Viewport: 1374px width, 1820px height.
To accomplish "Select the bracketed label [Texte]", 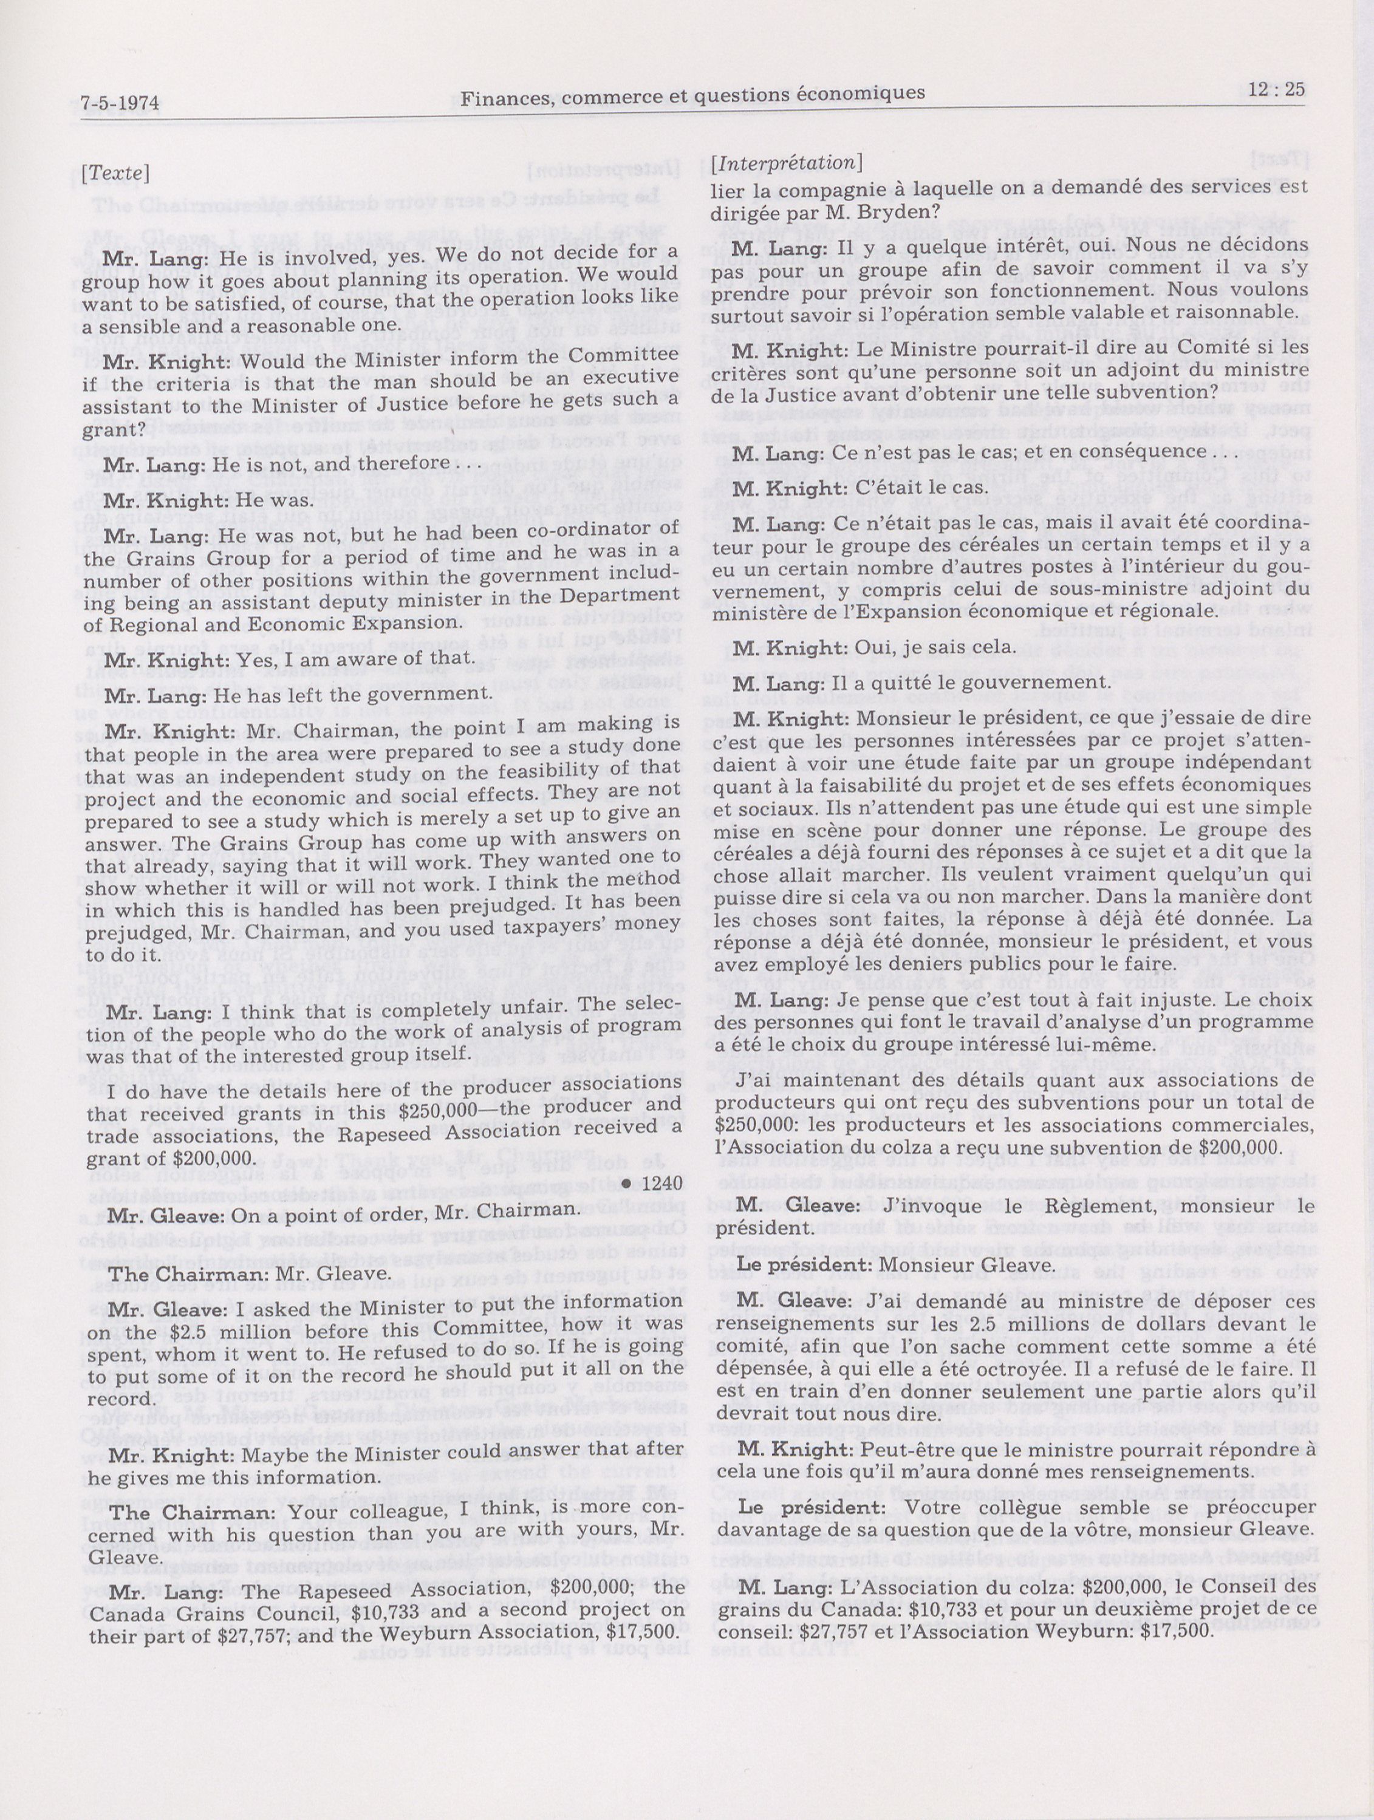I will point(115,174).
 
